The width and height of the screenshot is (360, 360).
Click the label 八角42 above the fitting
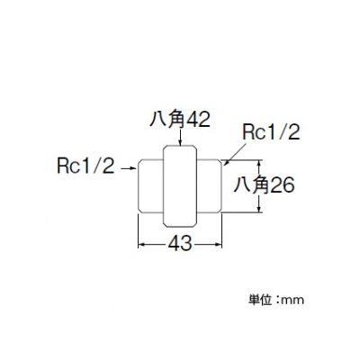(x=179, y=120)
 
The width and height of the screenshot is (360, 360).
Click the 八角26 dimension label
(x=264, y=185)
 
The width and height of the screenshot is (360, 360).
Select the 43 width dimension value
(x=180, y=243)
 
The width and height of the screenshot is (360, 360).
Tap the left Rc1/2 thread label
(x=86, y=166)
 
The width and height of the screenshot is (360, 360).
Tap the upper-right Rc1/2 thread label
(x=271, y=132)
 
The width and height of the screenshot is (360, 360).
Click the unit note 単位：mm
(x=276, y=300)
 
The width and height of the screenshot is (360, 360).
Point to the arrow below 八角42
(x=180, y=138)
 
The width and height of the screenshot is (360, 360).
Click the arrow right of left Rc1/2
(x=129, y=168)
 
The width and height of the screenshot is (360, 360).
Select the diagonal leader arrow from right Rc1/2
(x=235, y=154)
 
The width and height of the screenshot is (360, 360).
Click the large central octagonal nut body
(x=180, y=186)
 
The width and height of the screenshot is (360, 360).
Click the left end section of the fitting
(x=150, y=186)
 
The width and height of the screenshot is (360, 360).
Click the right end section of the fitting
(x=210, y=186)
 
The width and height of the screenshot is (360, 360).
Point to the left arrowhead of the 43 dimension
(x=140, y=245)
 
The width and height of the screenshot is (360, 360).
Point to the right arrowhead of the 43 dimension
(x=219, y=245)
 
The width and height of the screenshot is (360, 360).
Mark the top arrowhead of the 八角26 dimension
(x=259, y=162)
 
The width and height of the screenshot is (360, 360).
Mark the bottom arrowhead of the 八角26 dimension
(x=259, y=210)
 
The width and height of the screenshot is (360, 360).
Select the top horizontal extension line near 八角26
(x=242, y=159)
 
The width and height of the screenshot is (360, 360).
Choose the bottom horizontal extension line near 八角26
(x=242, y=213)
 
